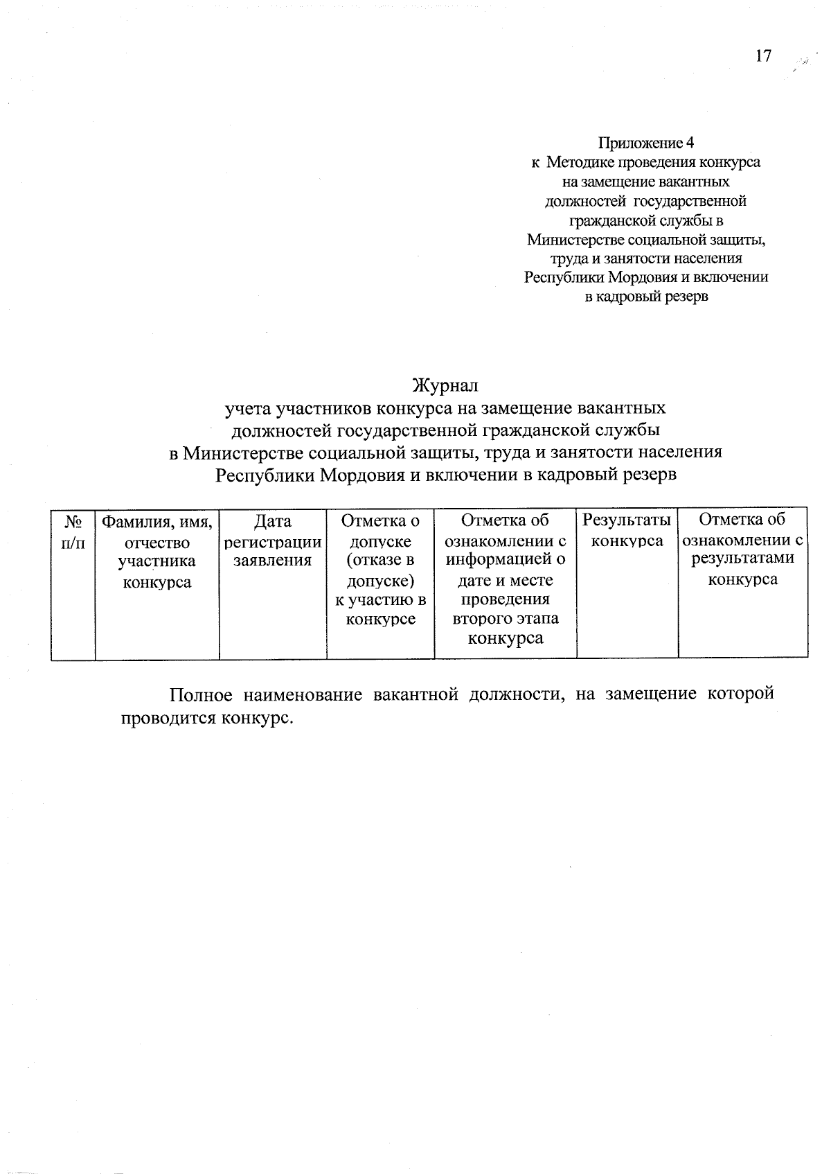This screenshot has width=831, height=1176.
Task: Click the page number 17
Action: point(762,56)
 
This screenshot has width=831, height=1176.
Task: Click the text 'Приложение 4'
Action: point(645,143)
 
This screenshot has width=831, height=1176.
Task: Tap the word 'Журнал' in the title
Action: point(445,385)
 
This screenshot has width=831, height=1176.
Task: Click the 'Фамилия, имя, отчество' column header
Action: point(157,532)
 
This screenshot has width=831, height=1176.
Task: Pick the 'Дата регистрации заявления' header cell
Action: point(273,541)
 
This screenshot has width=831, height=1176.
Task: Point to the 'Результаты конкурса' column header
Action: point(627,530)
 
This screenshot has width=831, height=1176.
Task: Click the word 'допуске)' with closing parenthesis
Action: point(380,579)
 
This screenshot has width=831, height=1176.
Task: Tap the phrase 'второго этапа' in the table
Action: point(506,618)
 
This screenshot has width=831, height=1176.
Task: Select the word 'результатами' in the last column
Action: point(742,559)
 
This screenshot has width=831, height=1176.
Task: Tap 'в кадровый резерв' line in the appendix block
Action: point(645,297)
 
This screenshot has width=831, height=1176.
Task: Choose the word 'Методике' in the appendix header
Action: point(575,162)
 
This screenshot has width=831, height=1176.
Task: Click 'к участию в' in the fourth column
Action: point(380,599)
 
